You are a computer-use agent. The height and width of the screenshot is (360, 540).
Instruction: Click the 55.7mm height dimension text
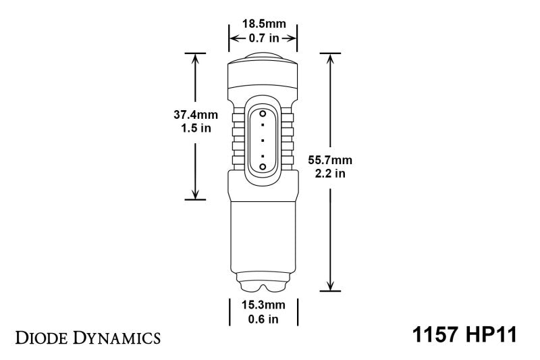click(329, 161)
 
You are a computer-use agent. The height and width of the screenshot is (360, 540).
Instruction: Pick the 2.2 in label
click(329, 174)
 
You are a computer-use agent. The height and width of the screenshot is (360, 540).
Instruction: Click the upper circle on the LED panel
click(262, 116)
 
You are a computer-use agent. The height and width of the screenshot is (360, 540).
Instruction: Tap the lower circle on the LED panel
click(262, 165)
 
